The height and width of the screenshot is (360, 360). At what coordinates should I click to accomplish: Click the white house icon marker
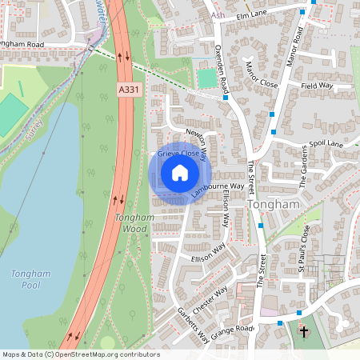click(x=180, y=173)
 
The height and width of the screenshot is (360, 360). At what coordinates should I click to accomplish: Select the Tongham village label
click(x=275, y=205)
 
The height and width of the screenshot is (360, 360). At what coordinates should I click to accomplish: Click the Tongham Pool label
click(x=31, y=280)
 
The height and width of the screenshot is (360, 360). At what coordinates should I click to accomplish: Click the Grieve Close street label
click(x=178, y=152)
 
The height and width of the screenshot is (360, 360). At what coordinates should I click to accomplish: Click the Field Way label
click(x=317, y=84)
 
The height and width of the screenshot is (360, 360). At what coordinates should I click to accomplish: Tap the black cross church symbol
click(x=303, y=330)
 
